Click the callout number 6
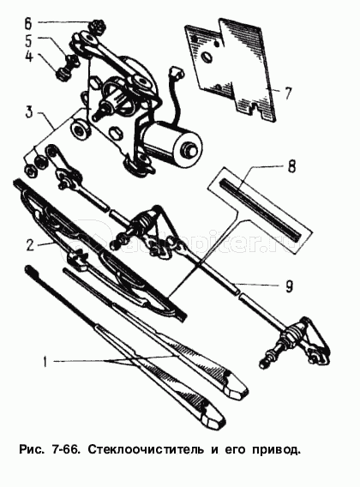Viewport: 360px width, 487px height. click(x=28, y=22)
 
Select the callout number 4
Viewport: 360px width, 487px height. click(x=29, y=56)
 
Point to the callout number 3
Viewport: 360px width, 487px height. click(x=28, y=111)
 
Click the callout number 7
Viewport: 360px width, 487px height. click(x=288, y=93)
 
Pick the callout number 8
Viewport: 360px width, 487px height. click(x=291, y=167)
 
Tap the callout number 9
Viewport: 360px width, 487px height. click(x=289, y=286)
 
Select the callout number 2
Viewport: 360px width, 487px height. click(x=29, y=245)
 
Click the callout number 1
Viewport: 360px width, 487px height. click(x=45, y=362)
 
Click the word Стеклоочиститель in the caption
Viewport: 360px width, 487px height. click(x=145, y=449)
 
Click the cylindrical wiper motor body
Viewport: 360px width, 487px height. click(x=171, y=139)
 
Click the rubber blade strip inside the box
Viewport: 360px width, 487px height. click(x=260, y=210)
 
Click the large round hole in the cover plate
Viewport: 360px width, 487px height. click(x=206, y=57)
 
